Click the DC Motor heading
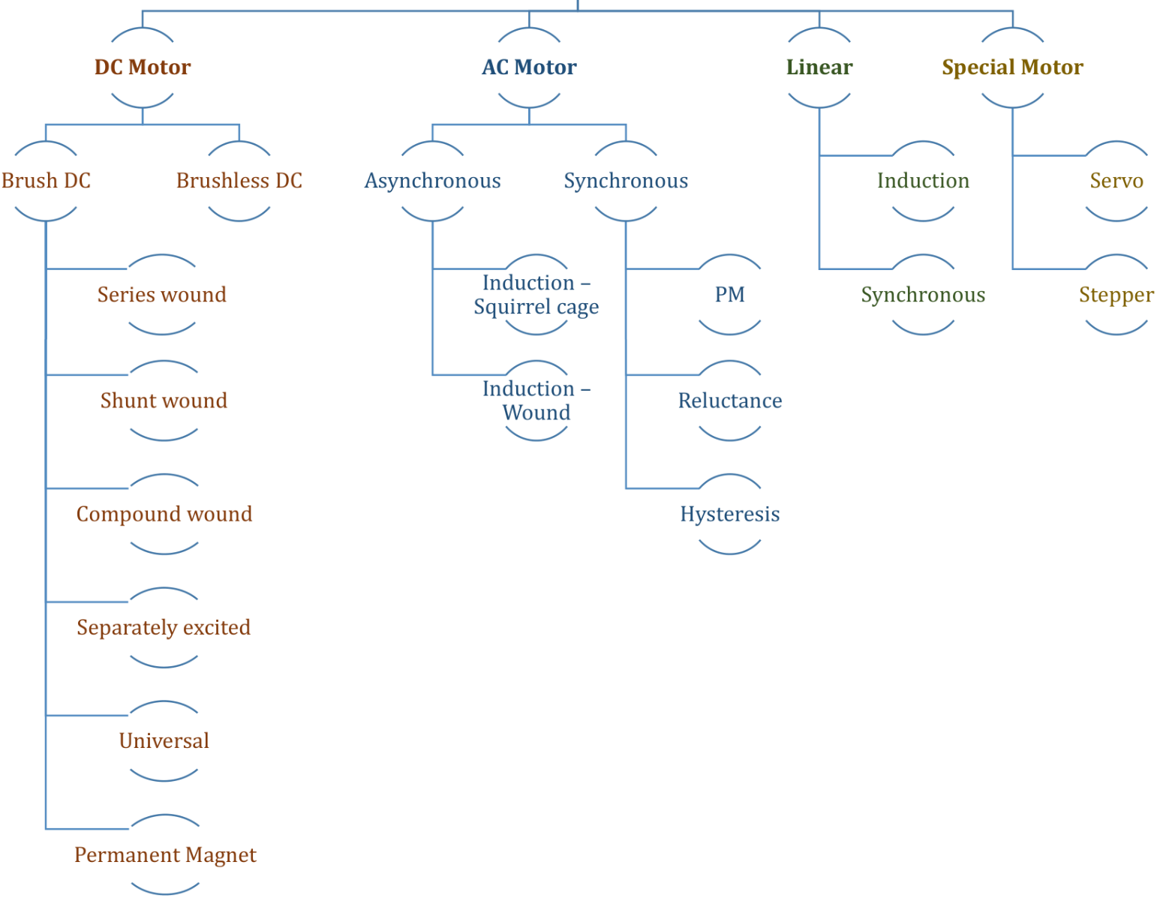143,68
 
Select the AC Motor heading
529,68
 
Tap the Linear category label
819,68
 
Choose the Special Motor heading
1012,68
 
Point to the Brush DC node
46,181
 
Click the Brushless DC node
239,181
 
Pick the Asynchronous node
432,181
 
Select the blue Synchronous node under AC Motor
626,181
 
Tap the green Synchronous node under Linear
923,295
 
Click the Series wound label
162,295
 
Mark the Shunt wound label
164,401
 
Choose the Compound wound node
164,514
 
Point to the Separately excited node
164,627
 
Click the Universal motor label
164,741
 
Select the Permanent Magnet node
165,854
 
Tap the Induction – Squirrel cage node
536,295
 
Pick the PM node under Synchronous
730,295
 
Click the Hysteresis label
730,514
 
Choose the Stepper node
1116,295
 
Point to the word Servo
1116,181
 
